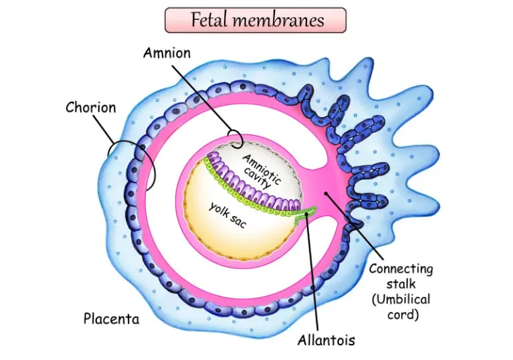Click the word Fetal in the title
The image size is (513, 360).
click(209, 20)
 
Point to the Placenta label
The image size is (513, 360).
click(111, 319)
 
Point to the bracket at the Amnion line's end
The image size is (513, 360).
click(234, 138)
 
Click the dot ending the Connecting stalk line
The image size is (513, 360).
click(326, 193)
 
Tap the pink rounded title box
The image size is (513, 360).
click(256, 21)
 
